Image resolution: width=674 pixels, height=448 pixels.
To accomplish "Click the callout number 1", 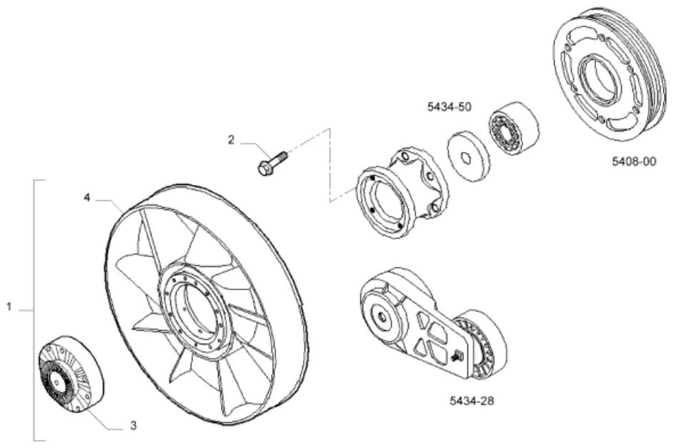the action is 9,307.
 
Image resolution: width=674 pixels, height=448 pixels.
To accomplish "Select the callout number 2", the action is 232,139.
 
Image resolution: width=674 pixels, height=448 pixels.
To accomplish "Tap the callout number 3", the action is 134,426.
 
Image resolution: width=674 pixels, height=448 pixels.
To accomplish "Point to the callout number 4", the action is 87,198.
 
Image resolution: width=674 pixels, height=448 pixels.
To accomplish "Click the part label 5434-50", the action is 449,106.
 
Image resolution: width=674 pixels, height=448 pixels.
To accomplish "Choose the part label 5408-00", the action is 635,161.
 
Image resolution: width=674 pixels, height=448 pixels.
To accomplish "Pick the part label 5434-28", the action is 472,401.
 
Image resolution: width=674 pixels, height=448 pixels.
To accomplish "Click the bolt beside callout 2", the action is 273,162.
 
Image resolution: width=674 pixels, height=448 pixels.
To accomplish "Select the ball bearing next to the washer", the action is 515,128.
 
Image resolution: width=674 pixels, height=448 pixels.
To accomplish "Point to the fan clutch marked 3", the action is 71,374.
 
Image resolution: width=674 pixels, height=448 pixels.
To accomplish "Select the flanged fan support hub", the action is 399,194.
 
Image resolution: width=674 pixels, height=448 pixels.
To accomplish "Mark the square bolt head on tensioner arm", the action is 457,355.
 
